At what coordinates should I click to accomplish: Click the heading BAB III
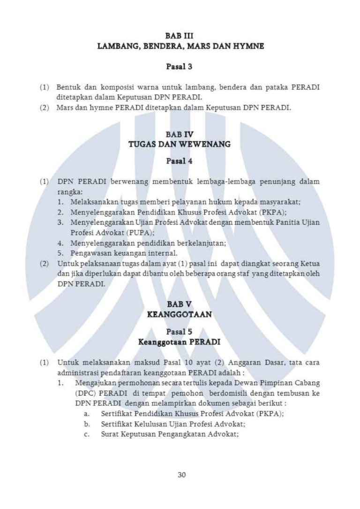(180, 35)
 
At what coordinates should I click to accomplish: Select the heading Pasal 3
(180, 67)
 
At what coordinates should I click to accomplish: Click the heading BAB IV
(180, 134)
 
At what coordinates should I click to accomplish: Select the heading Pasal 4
(180, 161)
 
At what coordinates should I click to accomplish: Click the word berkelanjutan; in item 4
(202, 243)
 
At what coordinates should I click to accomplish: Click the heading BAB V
(180, 304)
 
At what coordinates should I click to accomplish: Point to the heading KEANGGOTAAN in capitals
(180, 315)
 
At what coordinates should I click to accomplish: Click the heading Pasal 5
(180, 331)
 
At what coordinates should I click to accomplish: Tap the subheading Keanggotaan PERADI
(180, 342)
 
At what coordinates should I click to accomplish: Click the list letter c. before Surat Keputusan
(87, 434)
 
